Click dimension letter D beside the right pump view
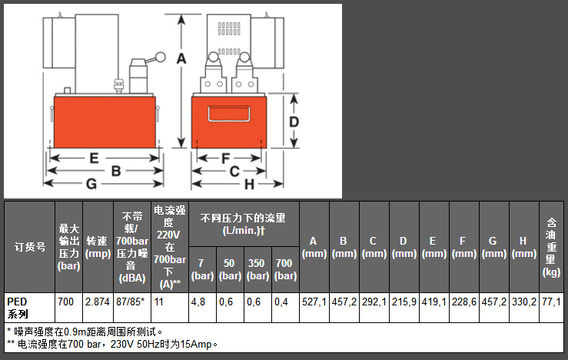pos(294,122)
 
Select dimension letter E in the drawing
pos(93,158)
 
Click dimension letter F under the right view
pos(226,158)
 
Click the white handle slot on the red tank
pos(229,113)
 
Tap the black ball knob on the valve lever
pos(162,55)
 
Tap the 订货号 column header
pos(29,247)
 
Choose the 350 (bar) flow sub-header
pos(257,269)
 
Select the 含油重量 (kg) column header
pos(550,247)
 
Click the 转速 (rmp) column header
pos(98,247)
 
